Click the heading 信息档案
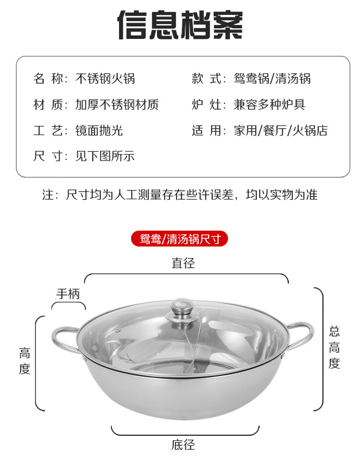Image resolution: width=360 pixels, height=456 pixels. click(x=180, y=25)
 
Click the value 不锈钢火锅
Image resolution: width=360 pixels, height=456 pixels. click(x=105, y=78)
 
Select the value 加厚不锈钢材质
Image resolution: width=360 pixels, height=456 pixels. click(x=117, y=104)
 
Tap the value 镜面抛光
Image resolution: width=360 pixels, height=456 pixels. click(x=99, y=131)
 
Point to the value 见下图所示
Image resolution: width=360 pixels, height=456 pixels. click(x=105, y=156)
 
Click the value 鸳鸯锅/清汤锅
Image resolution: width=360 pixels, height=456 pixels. click(x=272, y=78)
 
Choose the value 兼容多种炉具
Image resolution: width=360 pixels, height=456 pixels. click(x=269, y=104)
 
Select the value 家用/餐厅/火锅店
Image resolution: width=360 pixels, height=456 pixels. click(x=281, y=131)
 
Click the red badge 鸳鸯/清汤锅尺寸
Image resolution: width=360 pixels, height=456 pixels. click(x=180, y=239)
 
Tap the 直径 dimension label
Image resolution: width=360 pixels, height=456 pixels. click(x=183, y=263)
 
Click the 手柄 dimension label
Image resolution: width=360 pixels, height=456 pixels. click(x=68, y=294)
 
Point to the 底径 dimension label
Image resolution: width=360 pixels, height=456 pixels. click(x=183, y=444)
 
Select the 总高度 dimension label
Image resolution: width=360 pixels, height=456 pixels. click(x=334, y=347)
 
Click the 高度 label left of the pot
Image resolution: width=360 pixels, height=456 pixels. click(x=24, y=361)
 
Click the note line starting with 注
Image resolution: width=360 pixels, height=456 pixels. click(x=180, y=195)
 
